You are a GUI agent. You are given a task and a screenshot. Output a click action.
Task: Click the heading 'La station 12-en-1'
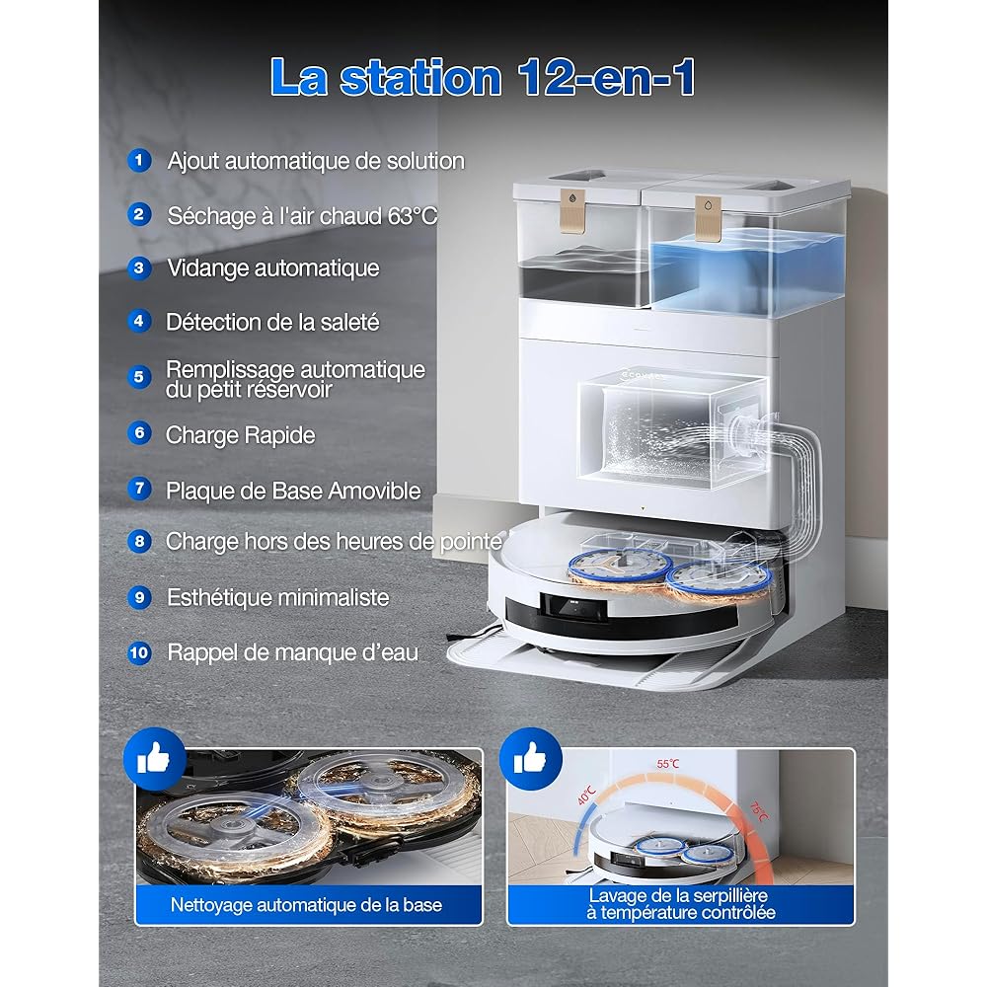[x=483, y=77]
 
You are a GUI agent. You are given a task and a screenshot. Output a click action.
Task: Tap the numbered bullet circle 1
[x=139, y=161]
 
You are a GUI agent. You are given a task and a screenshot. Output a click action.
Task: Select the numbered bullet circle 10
[x=139, y=652]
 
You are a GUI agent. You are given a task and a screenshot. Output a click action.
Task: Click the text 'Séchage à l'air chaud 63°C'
[x=302, y=216]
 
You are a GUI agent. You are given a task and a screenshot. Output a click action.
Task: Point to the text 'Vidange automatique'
[x=273, y=268]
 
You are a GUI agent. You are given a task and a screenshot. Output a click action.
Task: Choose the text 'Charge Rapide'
[x=241, y=435]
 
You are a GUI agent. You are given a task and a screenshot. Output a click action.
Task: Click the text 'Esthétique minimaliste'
[x=277, y=597]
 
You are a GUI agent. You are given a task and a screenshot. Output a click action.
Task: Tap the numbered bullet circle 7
[x=139, y=488]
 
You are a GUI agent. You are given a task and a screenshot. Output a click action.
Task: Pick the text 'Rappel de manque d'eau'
[x=293, y=652]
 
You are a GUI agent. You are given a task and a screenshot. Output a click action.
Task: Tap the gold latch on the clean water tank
[x=708, y=218]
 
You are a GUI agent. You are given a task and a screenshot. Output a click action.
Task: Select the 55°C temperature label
[x=668, y=764]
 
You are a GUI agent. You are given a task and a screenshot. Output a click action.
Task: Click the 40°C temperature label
[x=586, y=796]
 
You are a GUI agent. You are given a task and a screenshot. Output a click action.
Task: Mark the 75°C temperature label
[x=758, y=812]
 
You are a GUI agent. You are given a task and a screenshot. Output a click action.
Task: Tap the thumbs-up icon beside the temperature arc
[x=531, y=758]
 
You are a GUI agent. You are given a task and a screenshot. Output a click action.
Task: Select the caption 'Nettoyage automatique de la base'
[x=306, y=905]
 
